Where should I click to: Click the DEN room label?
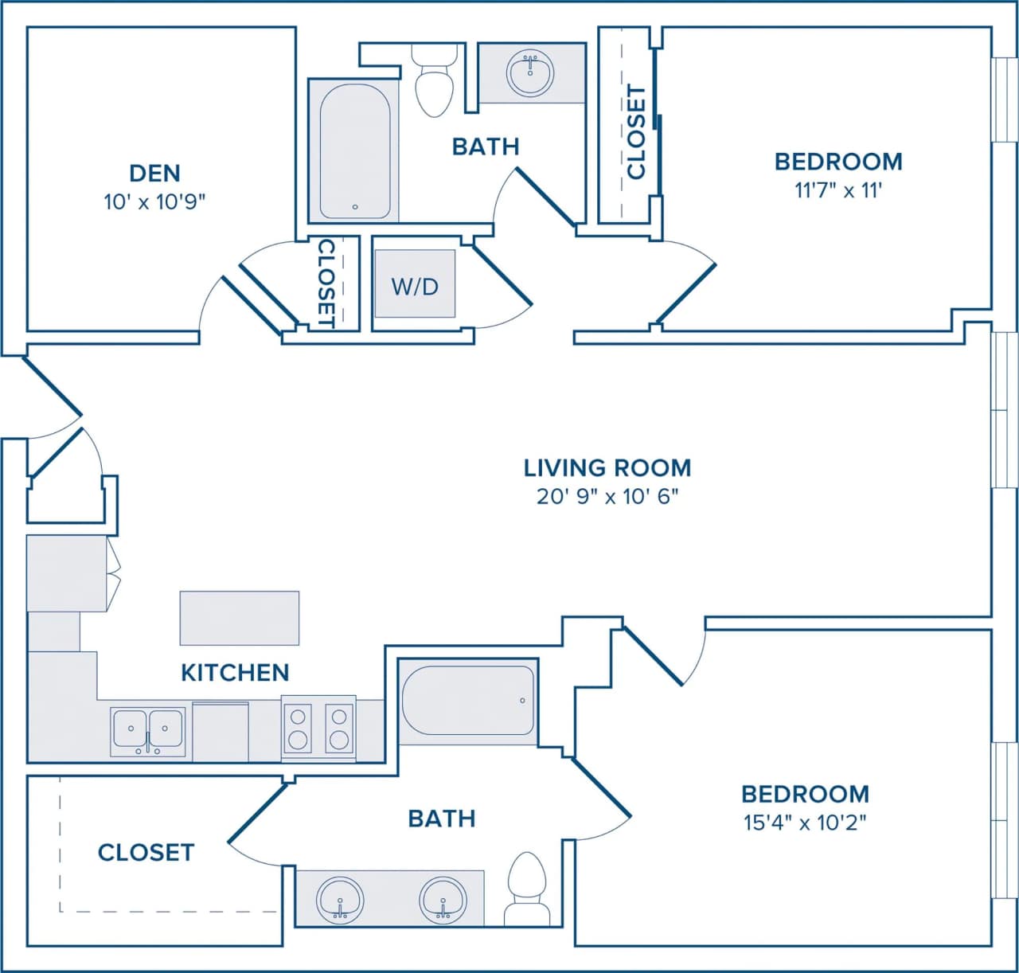pyautogui.click(x=154, y=173)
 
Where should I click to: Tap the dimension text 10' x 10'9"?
pyautogui.click(x=154, y=202)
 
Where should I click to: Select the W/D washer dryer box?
pyautogui.click(x=415, y=284)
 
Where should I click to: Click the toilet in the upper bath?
pyautogui.click(x=435, y=83)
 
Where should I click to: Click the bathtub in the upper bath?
pyautogui.click(x=354, y=151)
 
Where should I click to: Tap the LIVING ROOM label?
pyautogui.click(x=607, y=467)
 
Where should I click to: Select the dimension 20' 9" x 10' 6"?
pyautogui.click(x=607, y=497)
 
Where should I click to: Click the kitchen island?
pyautogui.click(x=239, y=618)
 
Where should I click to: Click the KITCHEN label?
pyautogui.click(x=235, y=673)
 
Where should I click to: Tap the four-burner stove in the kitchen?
pyautogui.click(x=318, y=729)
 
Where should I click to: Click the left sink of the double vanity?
pyautogui.click(x=340, y=900)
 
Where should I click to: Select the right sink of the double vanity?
pyautogui.click(x=443, y=900)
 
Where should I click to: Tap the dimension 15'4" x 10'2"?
pyautogui.click(x=804, y=823)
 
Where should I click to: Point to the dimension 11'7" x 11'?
pyautogui.click(x=838, y=191)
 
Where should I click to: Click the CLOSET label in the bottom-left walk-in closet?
pyautogui.click(x=146, y=853)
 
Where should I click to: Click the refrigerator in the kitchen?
pyautogui.click(x=67, y=573)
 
